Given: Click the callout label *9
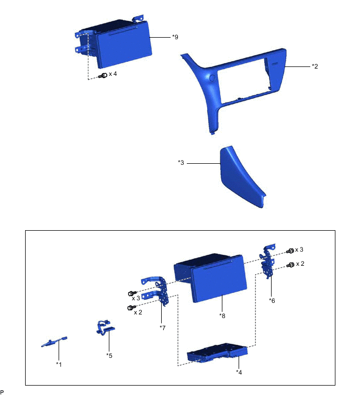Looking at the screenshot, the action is click(x=175, y=37).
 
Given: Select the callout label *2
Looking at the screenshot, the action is click(x=315, y=66).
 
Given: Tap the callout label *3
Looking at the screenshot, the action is click(x=181, y=163).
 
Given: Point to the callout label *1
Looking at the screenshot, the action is click(x=59, y=364).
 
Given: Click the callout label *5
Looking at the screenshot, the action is click(x=109, y=355).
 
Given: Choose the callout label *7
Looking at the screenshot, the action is click(x=163, y=328).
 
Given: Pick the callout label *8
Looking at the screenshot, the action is click(x=222, y=315).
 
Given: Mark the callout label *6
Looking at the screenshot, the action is click(x=272, y=300).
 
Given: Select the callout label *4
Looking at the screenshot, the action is click(x=239, y=372).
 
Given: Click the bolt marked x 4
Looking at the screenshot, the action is click(x=103, y=75).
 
